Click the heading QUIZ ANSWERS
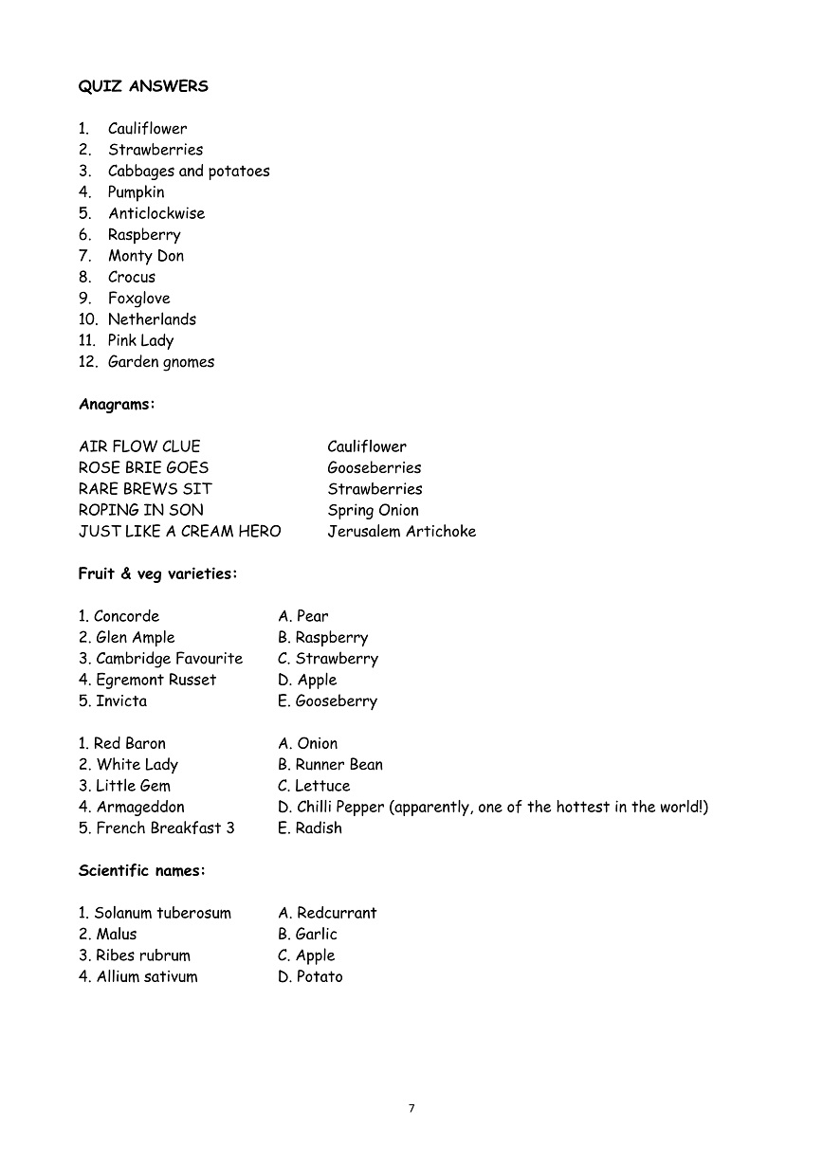[143, 86]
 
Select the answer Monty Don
[145, 256]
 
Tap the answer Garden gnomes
[161, 362]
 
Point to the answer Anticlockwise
[156, 213]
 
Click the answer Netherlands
[152, 319]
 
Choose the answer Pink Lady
[140, 340]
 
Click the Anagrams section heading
[117, 405]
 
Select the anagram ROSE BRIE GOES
[143, 467]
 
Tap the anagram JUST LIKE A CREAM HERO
[179, 531]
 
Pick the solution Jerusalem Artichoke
[402, 531]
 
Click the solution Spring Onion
[373, 510]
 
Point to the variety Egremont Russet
[155, 680]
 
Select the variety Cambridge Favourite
[169, 659]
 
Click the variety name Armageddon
[140, 808]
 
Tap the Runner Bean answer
[338, 765]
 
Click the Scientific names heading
[142, 870]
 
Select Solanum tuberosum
[162, 913]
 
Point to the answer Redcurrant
[337, 913]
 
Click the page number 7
[411, 1108]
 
